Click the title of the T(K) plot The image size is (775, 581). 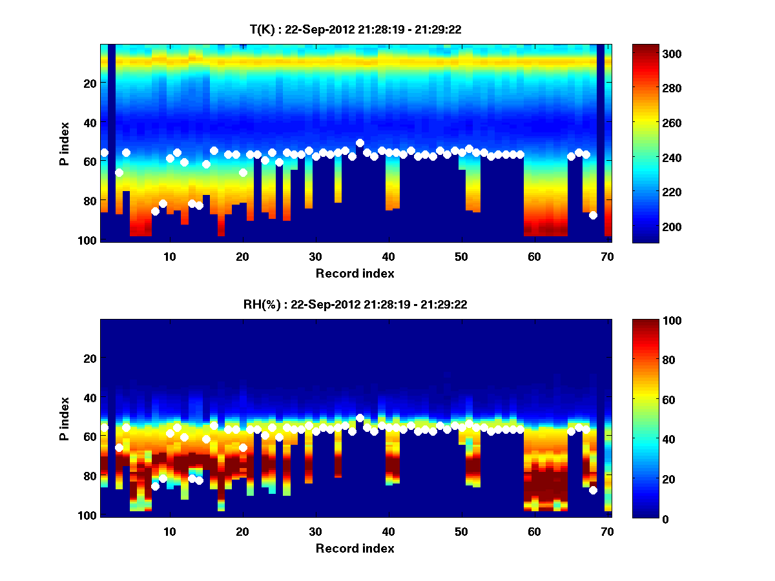coord(355,29)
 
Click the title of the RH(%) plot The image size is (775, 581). coord(355,305)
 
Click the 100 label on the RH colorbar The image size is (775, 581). coord(672,321)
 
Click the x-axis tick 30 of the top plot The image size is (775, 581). coord(315,256)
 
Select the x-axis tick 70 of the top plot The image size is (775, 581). coord(607,256)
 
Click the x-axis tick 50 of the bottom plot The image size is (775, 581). coord(461,531)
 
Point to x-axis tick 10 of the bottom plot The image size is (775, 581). coord(169,531)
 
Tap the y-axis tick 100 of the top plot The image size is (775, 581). coord(88,240)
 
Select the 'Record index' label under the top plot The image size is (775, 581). coord(355,274)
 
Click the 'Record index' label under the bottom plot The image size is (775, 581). coord(355,549)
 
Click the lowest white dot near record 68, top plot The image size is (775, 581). coord(593,215)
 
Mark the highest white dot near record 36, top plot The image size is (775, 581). coord(360,143)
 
